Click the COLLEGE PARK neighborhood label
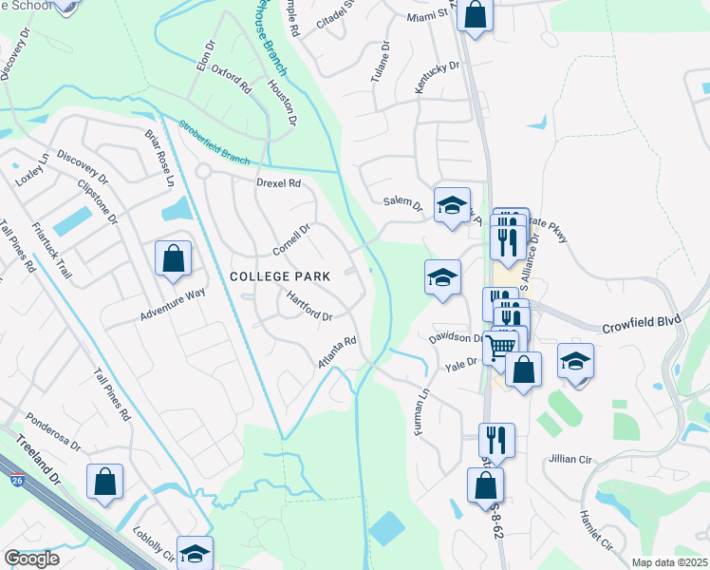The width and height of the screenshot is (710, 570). (x=280, y=276)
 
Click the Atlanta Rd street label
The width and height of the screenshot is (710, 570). (x=337, y=353)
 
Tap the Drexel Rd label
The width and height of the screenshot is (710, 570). (x=278, y=182)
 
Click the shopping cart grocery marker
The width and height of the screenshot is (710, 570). (x=500, y=345)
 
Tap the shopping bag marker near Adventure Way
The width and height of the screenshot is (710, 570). (x=173, y=257)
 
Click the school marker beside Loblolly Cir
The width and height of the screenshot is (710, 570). (x=195, y=553)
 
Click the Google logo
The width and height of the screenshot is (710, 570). (x=31, y=559)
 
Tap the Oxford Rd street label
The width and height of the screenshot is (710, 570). (x=231, y=78)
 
